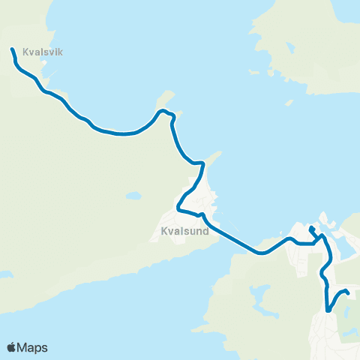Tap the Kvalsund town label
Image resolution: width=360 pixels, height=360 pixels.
point(184,232)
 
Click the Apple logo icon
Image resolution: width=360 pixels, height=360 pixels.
point(12,347)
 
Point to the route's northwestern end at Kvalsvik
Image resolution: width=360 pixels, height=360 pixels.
point(12,49)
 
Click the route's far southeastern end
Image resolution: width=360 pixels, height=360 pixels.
point(349,292)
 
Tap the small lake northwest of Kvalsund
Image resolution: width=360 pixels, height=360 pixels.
point(133,196)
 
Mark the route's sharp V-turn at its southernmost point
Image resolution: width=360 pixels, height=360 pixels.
point(328,310)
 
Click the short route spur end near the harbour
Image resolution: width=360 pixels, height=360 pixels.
point(310,226)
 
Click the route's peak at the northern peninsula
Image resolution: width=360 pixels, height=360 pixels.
point(160,112)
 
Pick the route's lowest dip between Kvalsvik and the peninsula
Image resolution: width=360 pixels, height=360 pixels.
point(124,134)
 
